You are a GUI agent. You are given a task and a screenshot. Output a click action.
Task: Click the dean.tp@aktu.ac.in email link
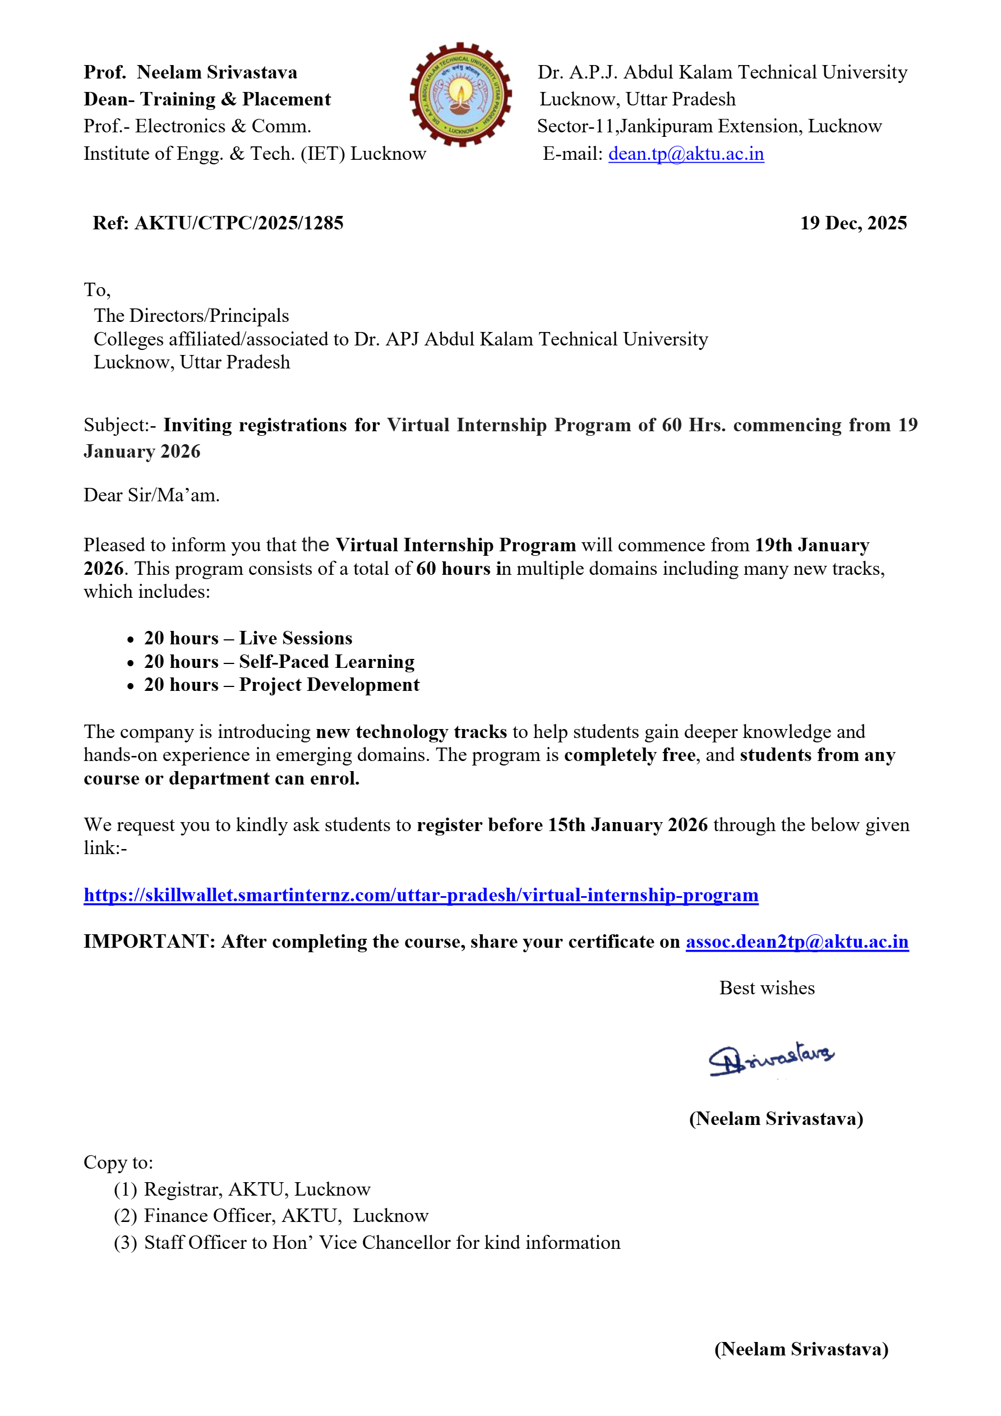coord(685,154)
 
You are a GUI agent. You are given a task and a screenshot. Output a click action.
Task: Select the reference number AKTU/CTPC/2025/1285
coord(239,223)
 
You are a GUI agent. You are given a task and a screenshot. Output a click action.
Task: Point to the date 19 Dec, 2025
coord(853,223)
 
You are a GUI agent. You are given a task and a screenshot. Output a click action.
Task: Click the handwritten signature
coord(771,1058)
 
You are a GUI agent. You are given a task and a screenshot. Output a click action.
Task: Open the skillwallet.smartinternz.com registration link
coord(421,894)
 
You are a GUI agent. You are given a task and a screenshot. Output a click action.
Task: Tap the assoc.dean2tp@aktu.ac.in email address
coord(796,941)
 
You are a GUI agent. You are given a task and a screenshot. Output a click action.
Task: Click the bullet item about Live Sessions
coord(248,638)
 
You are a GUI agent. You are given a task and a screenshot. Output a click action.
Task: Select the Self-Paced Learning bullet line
coord(279,661)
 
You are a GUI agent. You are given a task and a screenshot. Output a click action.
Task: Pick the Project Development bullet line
coord(282,685)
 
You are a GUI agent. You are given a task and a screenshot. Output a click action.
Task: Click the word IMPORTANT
coord(149,941)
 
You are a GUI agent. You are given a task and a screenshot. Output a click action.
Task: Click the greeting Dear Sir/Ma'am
coord(152,495)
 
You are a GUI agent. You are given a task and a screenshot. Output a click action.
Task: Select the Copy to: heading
coord(118,1162)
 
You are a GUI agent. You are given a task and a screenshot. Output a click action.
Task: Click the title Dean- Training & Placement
coord(207,99)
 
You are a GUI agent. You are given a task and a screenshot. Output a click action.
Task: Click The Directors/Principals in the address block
coord(191,316)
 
